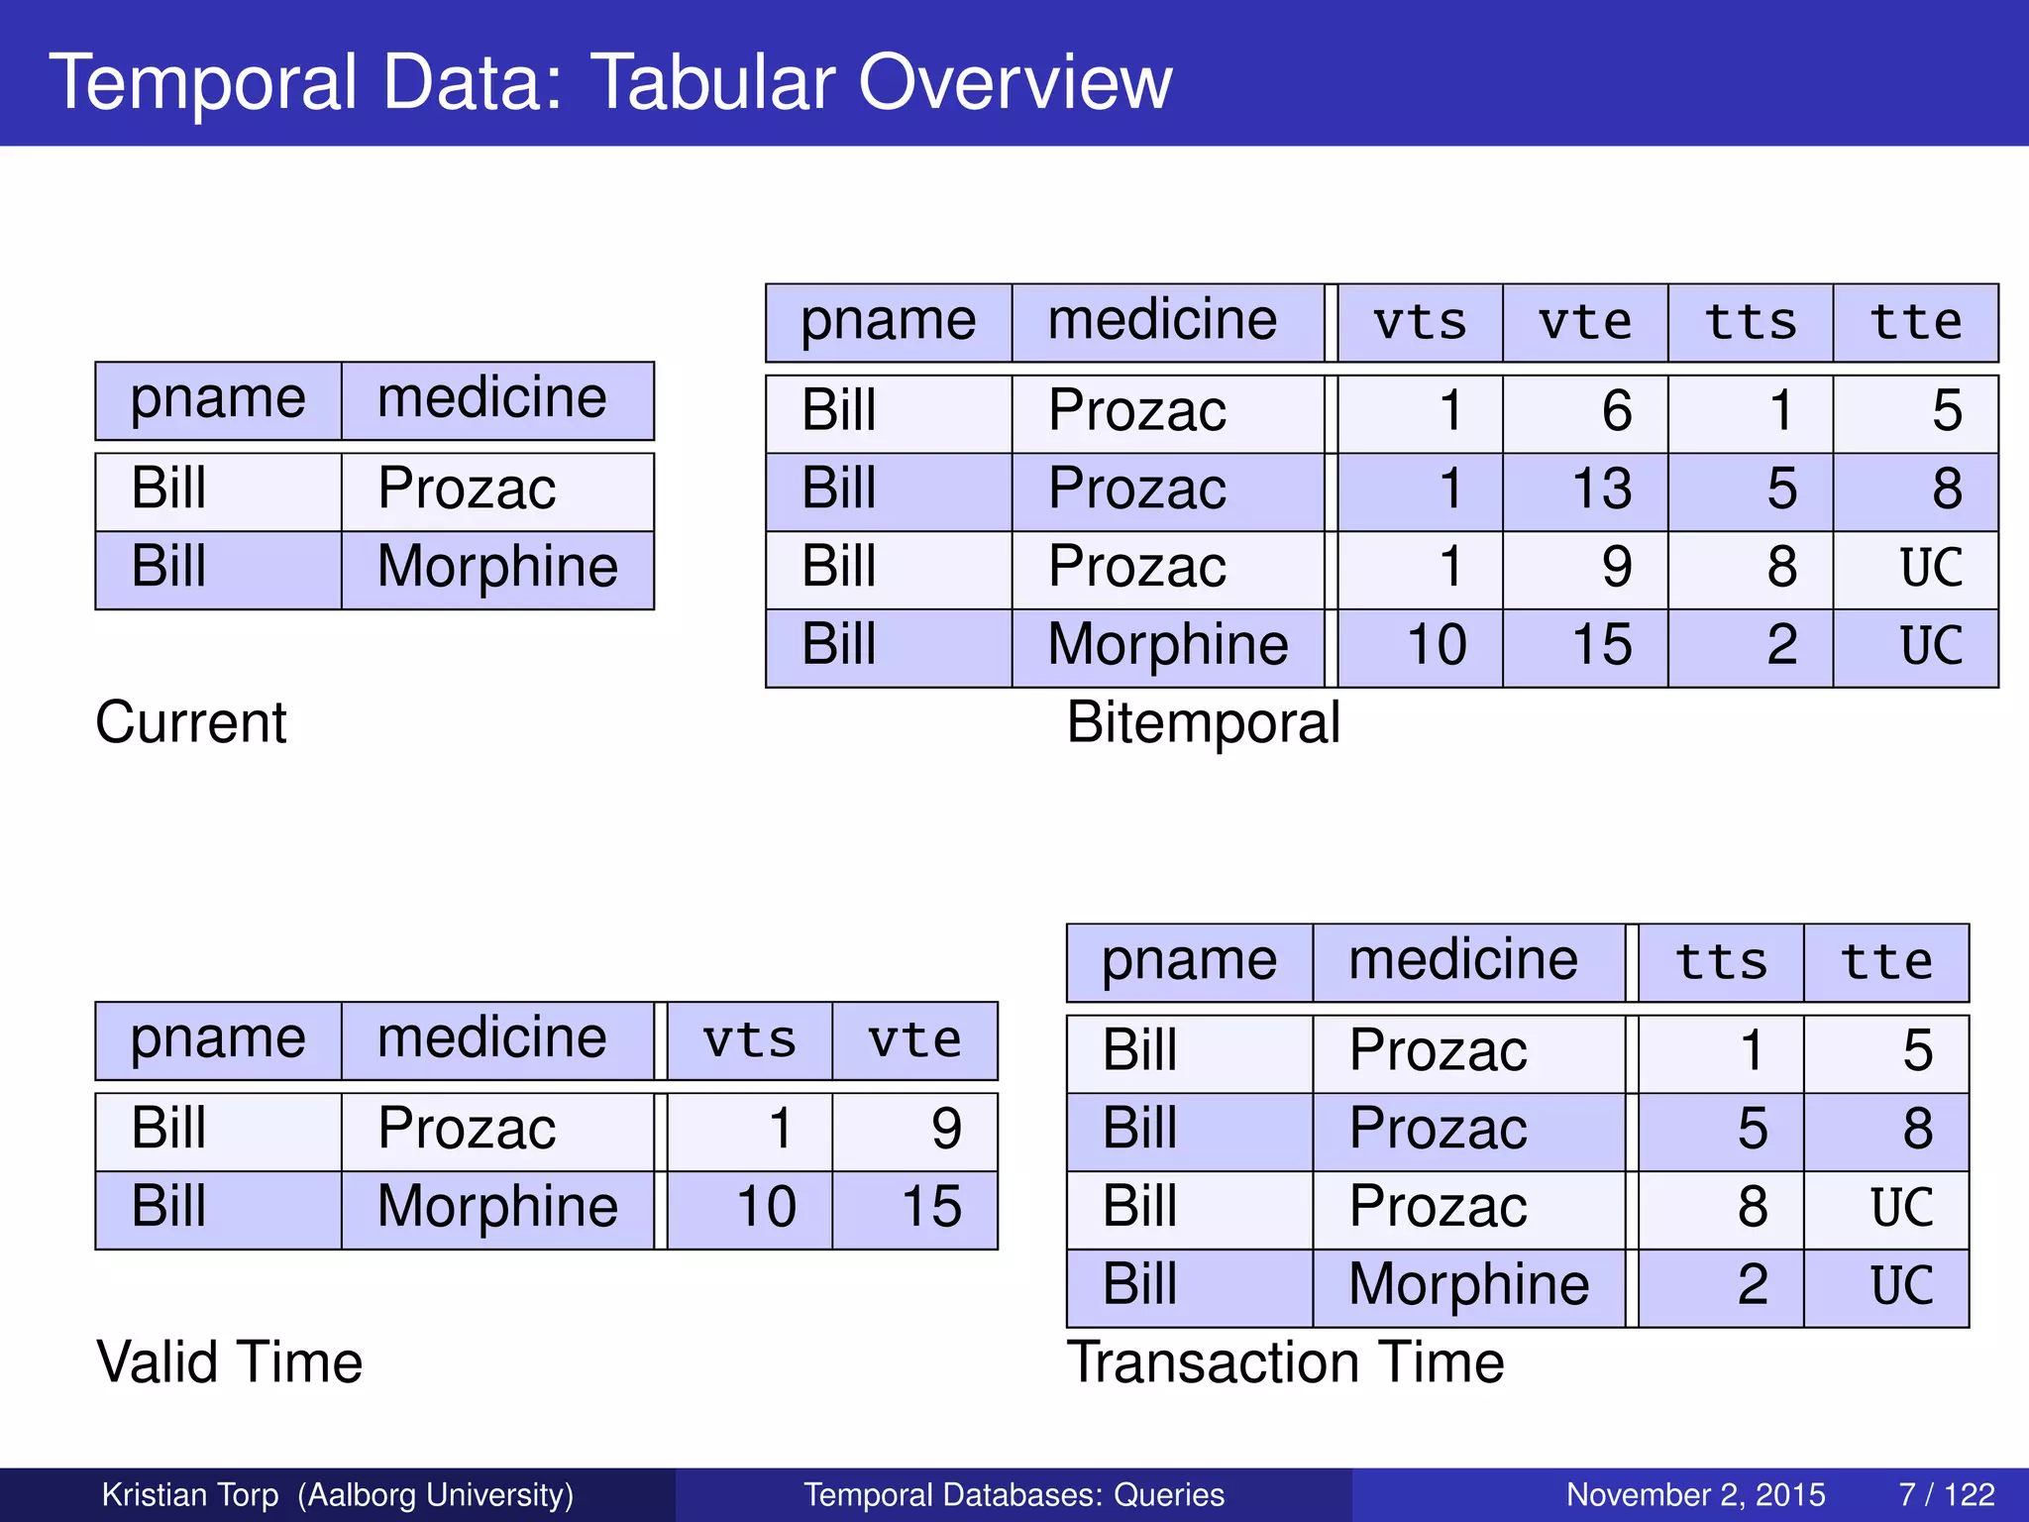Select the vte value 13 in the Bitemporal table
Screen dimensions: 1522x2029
1601,489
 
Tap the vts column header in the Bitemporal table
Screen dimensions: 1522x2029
1419,323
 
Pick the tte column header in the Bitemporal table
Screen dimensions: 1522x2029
1914,323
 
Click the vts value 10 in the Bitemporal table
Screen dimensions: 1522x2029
1436,646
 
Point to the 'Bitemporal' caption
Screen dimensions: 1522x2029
1203,722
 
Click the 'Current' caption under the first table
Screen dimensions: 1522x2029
190,722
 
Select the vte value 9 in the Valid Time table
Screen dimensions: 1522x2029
945,1130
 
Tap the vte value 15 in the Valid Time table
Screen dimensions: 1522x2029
930,1208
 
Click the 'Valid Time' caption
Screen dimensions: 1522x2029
229,1362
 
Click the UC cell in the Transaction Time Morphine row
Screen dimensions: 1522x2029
1901,1286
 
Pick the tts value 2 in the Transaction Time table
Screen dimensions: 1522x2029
1752,1286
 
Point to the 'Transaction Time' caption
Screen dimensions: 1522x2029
1285,1362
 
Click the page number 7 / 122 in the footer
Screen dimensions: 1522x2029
1946,1494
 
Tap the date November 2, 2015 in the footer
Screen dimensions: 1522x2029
1695,1494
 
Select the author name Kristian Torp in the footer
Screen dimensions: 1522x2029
190,1494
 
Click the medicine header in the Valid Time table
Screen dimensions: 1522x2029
491,1039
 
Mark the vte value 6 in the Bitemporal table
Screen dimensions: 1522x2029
1616,411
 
